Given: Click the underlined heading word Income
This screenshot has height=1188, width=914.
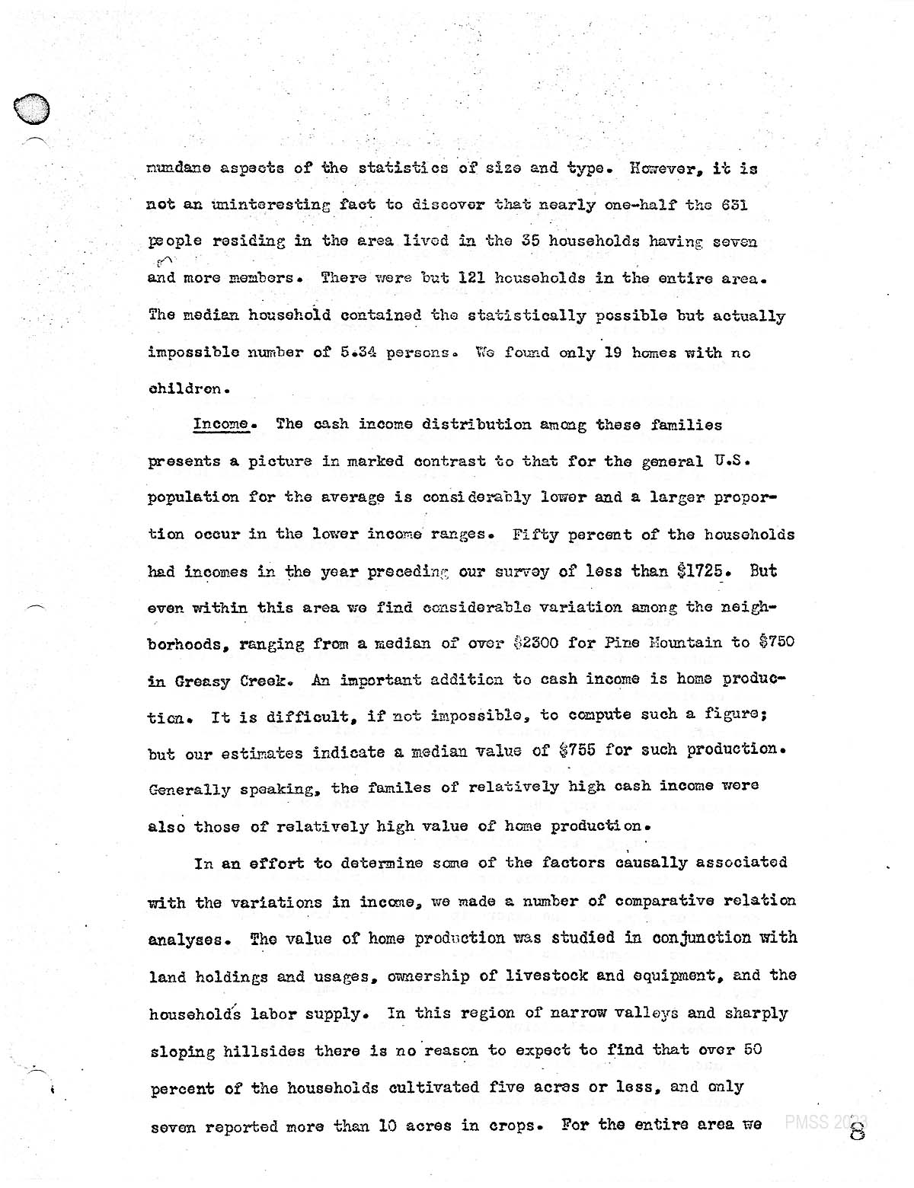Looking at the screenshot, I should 221,425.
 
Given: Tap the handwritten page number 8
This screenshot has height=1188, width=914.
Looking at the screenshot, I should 858,1127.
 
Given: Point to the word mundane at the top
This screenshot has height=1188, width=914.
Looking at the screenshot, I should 178,168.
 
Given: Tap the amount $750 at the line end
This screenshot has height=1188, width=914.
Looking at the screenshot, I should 776,642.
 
